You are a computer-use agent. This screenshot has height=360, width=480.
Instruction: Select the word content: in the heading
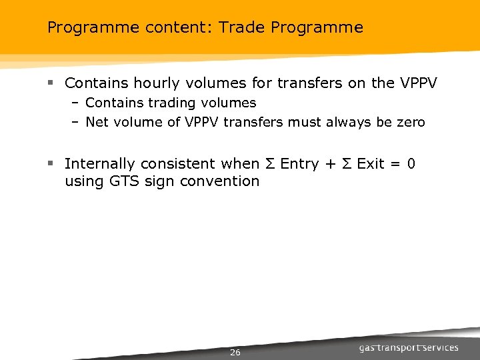pyautogui.click(x=164, y=28)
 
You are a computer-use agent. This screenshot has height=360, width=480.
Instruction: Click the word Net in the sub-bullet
pyautogui.click(x=97, y=122)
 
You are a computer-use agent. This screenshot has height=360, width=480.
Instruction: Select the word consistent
pyautogui.click(x=183, y=164)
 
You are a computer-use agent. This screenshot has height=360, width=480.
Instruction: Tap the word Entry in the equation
pyautogui.click(x=299, y=164)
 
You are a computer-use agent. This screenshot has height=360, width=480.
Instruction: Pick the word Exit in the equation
pyautogui.click(x=371, y=164)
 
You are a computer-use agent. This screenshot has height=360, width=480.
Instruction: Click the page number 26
pyautogui.click(x=235, y=352)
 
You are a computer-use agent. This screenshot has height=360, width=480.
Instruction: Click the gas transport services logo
pyautogui.click(x=408, y=347)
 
